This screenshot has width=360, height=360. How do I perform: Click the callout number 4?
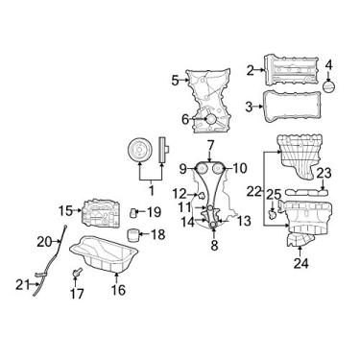[x=329, y=65]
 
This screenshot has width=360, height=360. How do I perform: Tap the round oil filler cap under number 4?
[x=329, y=86]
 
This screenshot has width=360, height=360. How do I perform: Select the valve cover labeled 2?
[x=292, y=70]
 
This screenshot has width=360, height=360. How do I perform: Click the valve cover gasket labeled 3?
[x=291, y=107]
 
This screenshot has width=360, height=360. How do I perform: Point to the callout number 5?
[x=175, y=80]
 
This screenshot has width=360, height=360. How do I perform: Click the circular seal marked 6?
[x=211, y=119]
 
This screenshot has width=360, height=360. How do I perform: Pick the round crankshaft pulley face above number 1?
[x=139, y=150]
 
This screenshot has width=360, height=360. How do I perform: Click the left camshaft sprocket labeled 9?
[x=202, y=168]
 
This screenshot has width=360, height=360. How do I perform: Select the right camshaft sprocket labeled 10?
[x=218, y=168]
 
